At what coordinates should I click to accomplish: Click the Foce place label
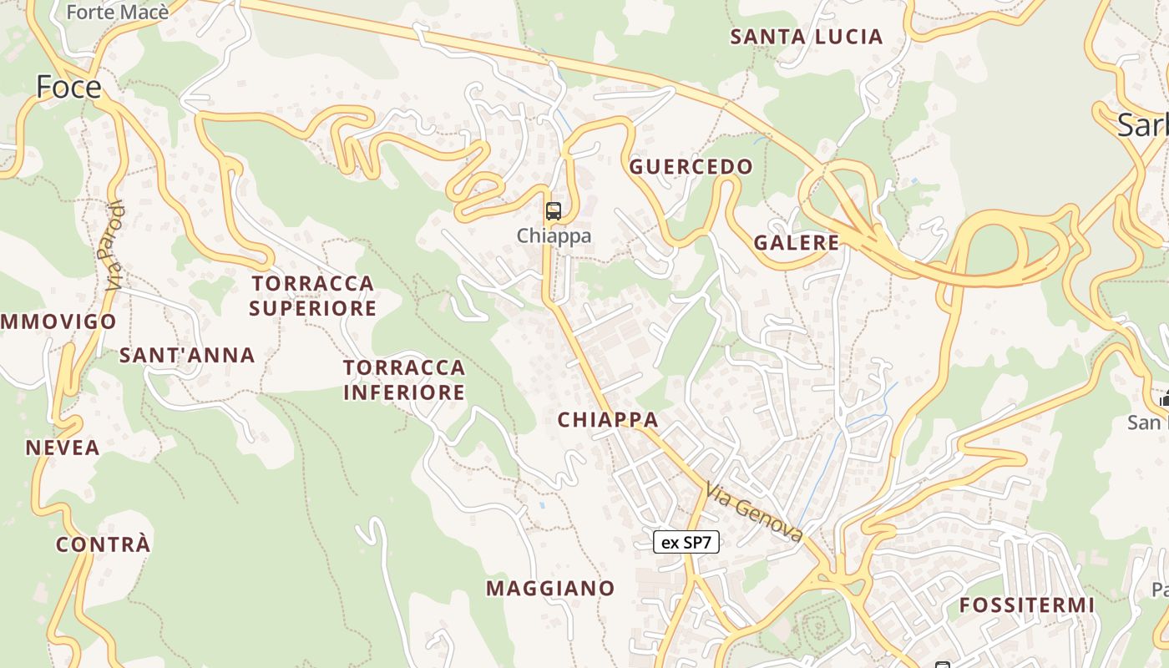tap(68, 87)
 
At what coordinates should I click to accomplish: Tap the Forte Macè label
tap(117, 12)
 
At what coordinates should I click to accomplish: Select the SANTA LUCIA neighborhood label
tap(806, 37)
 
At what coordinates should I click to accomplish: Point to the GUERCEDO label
tap(691, 167)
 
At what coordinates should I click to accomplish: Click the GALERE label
tap(796, 243)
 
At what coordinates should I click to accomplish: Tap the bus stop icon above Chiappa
tap(553, 210)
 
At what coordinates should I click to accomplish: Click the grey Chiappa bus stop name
tap(554, 235)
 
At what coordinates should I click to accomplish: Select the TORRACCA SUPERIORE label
tap(313, 296)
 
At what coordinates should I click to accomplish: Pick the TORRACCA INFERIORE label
tap(404, 380)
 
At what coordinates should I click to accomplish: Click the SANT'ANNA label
tap(187, 356)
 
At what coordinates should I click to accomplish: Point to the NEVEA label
tap(63, 448)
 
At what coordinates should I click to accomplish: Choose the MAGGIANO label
tap(550, 589)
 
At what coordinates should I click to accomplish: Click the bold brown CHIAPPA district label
tap(608, 420)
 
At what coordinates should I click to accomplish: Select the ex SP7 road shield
tap(686, 542)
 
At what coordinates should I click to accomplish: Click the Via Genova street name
tap(754, 511)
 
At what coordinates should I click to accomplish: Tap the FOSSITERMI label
tap(1026, 605)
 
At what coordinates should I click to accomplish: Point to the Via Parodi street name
tap(115, 245)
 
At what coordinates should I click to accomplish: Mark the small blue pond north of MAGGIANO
tap(541, 504)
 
